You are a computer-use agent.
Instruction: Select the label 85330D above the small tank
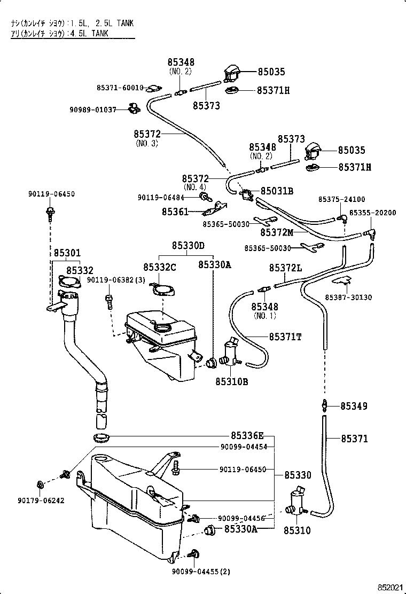tap(188, 245)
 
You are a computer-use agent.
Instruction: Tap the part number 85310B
tap(231, 381)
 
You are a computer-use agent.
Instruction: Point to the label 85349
tap(354, 407)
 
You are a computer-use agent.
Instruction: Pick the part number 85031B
tap(277, 191)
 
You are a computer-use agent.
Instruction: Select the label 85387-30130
tap(348, 297)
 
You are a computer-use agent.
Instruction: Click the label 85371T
tap(285, 337)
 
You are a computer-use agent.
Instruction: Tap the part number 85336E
tap(247, 435)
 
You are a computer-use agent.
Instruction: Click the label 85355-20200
tap(372, 213)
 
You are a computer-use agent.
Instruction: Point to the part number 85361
tap(175, 212)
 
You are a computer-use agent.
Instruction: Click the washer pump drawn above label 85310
tap(296, 502)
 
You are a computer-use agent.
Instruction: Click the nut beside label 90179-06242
tap(41, 485)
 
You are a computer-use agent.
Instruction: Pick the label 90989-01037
tap(92, 110)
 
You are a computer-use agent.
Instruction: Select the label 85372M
tap(278, 232)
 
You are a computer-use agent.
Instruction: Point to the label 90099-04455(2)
tap(201, 571)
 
